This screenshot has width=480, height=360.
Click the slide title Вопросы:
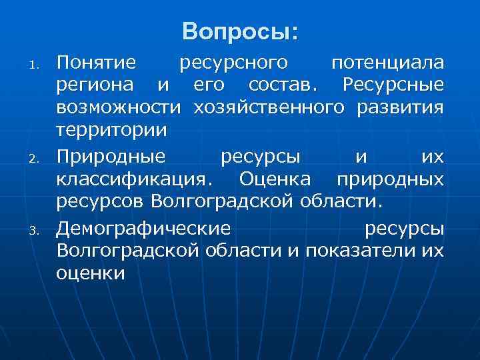240,31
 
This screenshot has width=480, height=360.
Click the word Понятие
97,64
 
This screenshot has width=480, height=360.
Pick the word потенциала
387,64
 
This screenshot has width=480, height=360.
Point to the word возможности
119,107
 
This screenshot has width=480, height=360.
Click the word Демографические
143,229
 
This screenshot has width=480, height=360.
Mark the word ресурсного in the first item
234,64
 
